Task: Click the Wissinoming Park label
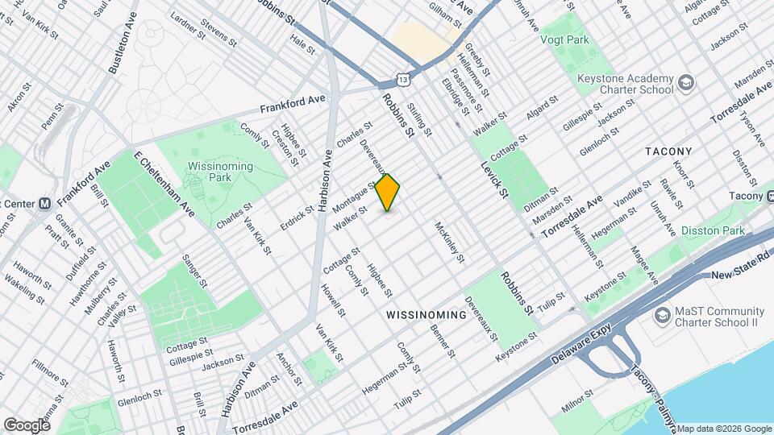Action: tap(219, 172)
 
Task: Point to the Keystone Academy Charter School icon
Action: tap(685, 83)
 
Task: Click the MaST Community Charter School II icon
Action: tap(663, 315)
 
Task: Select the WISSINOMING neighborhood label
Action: tap(426, 315)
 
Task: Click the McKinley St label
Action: tap(450, 242)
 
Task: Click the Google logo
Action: tap(27, 425)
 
